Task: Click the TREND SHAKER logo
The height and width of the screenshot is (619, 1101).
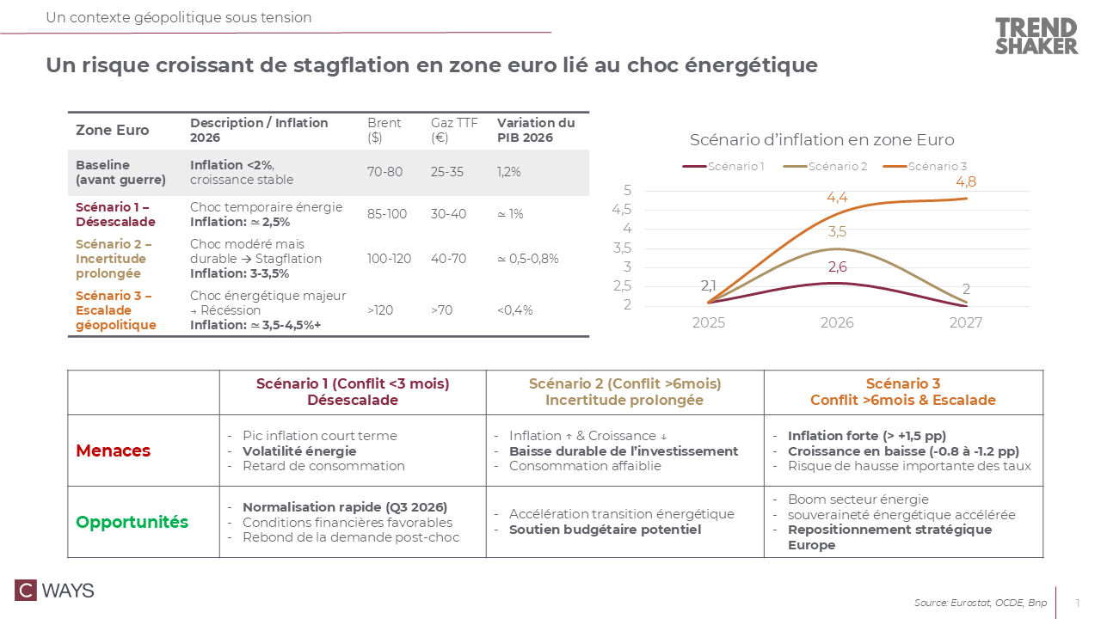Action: [1036, 36]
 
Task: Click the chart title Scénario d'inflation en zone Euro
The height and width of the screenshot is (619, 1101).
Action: [821, 140]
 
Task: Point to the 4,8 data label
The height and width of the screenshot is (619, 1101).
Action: [965, 182]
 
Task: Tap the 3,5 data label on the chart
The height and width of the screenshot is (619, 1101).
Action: [837, 231]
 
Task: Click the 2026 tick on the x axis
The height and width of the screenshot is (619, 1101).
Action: [837, 323]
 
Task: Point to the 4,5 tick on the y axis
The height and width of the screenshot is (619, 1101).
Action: [621, 209]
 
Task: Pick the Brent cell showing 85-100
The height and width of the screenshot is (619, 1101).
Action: [387, 214]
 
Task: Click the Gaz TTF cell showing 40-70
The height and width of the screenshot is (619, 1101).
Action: [447, 259]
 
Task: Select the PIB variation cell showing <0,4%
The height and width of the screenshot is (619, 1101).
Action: [515, 310]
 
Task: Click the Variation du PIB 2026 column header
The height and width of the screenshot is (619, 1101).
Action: [536, 131]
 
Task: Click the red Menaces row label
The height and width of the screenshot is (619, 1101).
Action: [114, 450]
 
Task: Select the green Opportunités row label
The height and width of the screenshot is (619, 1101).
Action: [132, 522]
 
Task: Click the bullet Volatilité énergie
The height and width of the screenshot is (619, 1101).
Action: [299, 451]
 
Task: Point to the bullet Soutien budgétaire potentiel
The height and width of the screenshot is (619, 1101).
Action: [605, 530]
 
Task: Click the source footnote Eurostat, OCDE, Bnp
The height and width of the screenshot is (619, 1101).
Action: [981, 603]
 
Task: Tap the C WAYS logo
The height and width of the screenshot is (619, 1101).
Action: [54, 591]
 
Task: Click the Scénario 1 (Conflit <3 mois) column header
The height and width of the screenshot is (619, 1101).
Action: [353, 392]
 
